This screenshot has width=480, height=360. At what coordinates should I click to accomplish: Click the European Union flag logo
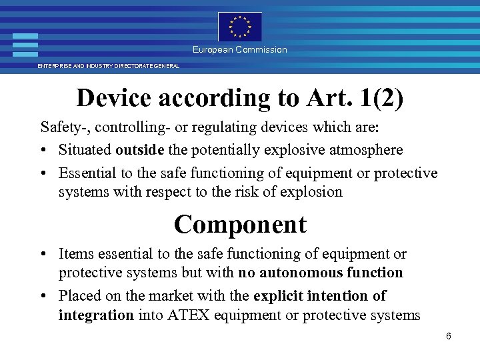(240, 27)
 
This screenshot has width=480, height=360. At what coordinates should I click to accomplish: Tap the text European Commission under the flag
(240, 49)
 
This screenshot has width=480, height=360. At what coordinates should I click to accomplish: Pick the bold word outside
(140, 149)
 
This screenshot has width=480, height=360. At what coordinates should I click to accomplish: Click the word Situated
(85, 149)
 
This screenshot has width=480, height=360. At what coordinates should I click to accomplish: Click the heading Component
(240, 225)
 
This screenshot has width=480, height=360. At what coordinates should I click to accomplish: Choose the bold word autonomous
(301, 272)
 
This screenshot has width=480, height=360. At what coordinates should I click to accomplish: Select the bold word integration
(96, 315)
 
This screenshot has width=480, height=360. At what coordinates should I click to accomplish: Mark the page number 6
(449, 336)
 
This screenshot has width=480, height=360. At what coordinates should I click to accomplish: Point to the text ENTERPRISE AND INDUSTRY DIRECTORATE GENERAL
(108, 66)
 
